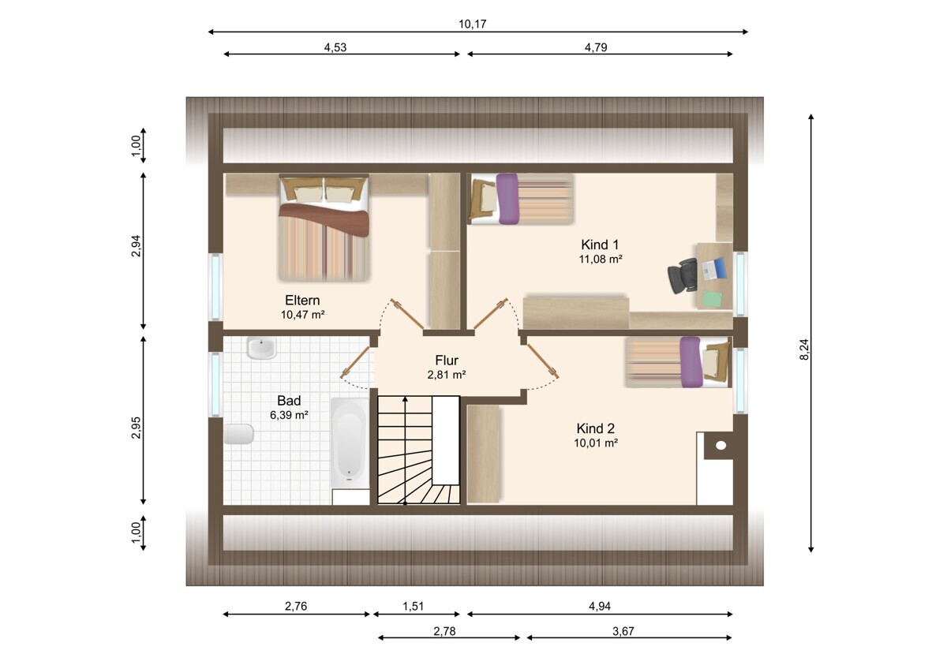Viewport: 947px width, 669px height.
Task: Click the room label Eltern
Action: pyautogui.click(x=302, y=300)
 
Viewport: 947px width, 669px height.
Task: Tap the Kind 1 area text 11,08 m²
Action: pyautogui.click(x=601, y=259)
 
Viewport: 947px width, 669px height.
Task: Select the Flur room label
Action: pyautogui.click(x=447, y=360)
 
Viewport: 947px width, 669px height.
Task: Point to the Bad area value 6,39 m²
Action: pyautogui.click(x=289, y=415)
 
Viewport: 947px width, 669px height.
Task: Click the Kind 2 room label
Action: pyautogui.click(x=596, y=428)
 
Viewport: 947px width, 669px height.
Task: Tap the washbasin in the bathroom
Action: pyautogui.click(x=262, y=348)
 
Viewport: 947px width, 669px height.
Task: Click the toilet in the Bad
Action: pyautogui.click(x=238, y=434)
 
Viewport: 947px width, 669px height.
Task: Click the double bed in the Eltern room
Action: pyautogui.click(x=324, y=228)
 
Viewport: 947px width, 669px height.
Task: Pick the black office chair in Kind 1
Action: pyautogui.click(x=683, y=275)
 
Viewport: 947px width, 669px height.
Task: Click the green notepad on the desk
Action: pyautogui.click(x=713, y=298)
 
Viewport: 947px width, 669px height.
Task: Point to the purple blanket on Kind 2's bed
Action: pyautogui.click(x=691, y=362)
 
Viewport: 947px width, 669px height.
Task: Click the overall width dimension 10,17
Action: pyautogui.click(x=473, y=24)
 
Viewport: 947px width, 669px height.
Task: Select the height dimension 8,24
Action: pyautogui.click(x=804, y=349)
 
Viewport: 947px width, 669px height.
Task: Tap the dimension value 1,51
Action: pyautogui.click(x=413, y=607)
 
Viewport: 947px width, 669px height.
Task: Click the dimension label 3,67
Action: pyautogui.click(x=623, y=631)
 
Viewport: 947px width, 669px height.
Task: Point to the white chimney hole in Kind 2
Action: pyautogui.click(x=721, y=445)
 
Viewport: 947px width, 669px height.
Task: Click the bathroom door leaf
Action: pyautogui.click(x=356, y=362)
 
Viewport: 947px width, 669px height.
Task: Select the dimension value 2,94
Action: pyautogui.click(x=136, y=246)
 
